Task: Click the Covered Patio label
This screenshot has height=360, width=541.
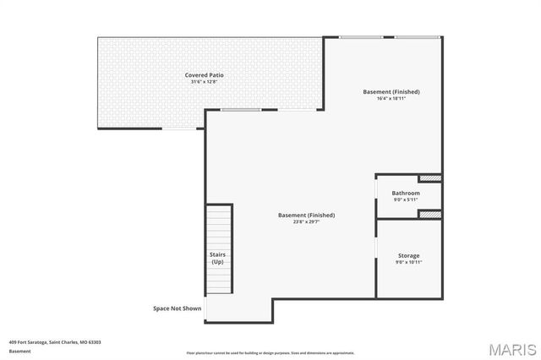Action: [x=205, y=75]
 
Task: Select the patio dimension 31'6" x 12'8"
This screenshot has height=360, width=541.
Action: [x=205, y=82]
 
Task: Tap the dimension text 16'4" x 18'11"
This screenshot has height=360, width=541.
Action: [x=391, y=98]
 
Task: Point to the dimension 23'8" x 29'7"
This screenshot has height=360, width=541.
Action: [x=306, y=221]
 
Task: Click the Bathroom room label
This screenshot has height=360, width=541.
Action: [x=406, y=193]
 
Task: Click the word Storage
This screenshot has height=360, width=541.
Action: [x=408, y=255]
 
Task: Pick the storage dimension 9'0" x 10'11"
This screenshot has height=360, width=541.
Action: [x=408, y=262]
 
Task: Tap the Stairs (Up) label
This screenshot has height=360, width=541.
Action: [x=217, y=258]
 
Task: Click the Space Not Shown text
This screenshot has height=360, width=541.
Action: [x=177, y=308]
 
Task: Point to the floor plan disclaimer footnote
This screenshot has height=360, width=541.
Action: [x=270, y=353]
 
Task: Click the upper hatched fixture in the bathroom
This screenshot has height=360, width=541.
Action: [x=430, y=178]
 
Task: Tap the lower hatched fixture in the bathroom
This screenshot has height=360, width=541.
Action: [x=430, y=215]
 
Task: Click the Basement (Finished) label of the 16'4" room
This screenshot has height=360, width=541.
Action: [x=391, y=91]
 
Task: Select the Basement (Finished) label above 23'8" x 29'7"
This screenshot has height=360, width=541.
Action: [x=306, y=215]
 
